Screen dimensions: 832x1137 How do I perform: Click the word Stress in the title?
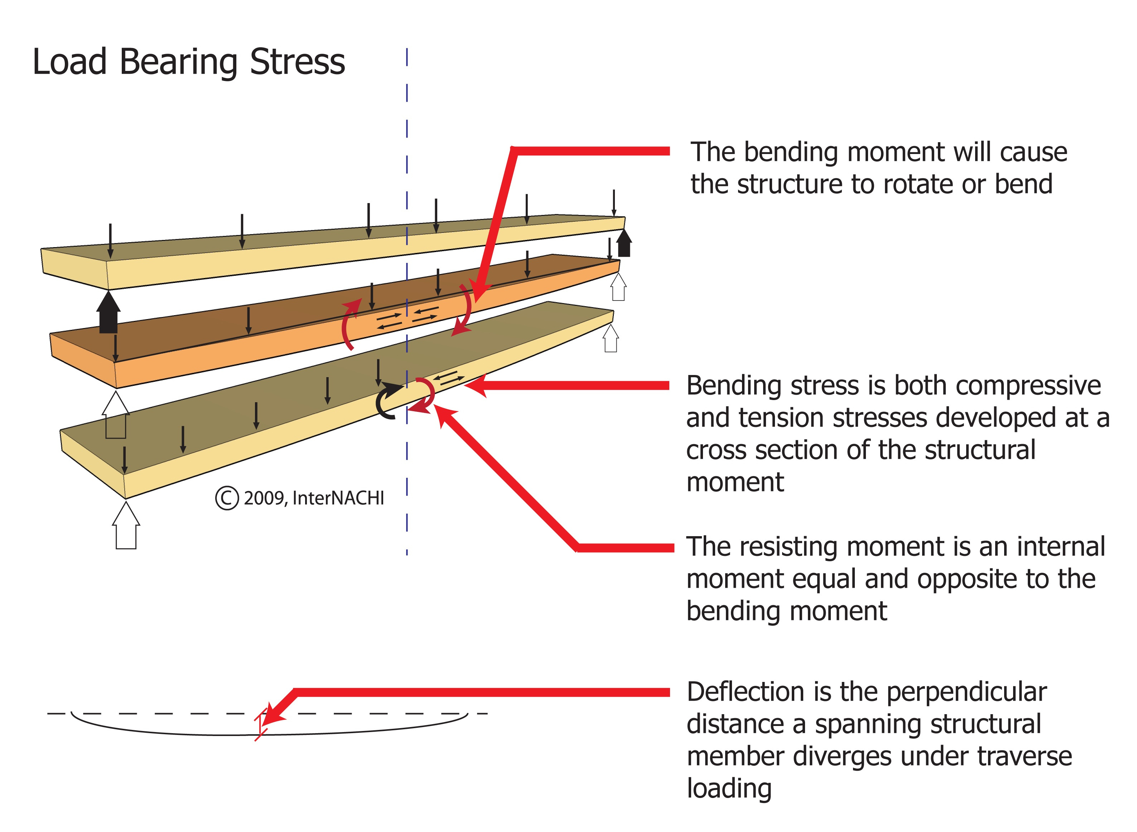coord(297,62)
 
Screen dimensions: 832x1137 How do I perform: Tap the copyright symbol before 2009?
coord(227,498)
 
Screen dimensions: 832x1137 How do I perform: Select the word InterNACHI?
coord(338,498)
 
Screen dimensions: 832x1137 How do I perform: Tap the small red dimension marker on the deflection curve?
coord(260,724)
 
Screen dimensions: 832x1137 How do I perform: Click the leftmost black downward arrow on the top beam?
coord(110,241)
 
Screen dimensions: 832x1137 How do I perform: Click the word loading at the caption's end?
coord(729,789)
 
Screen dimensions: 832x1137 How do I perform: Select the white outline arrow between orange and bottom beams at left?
coord(116,415)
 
